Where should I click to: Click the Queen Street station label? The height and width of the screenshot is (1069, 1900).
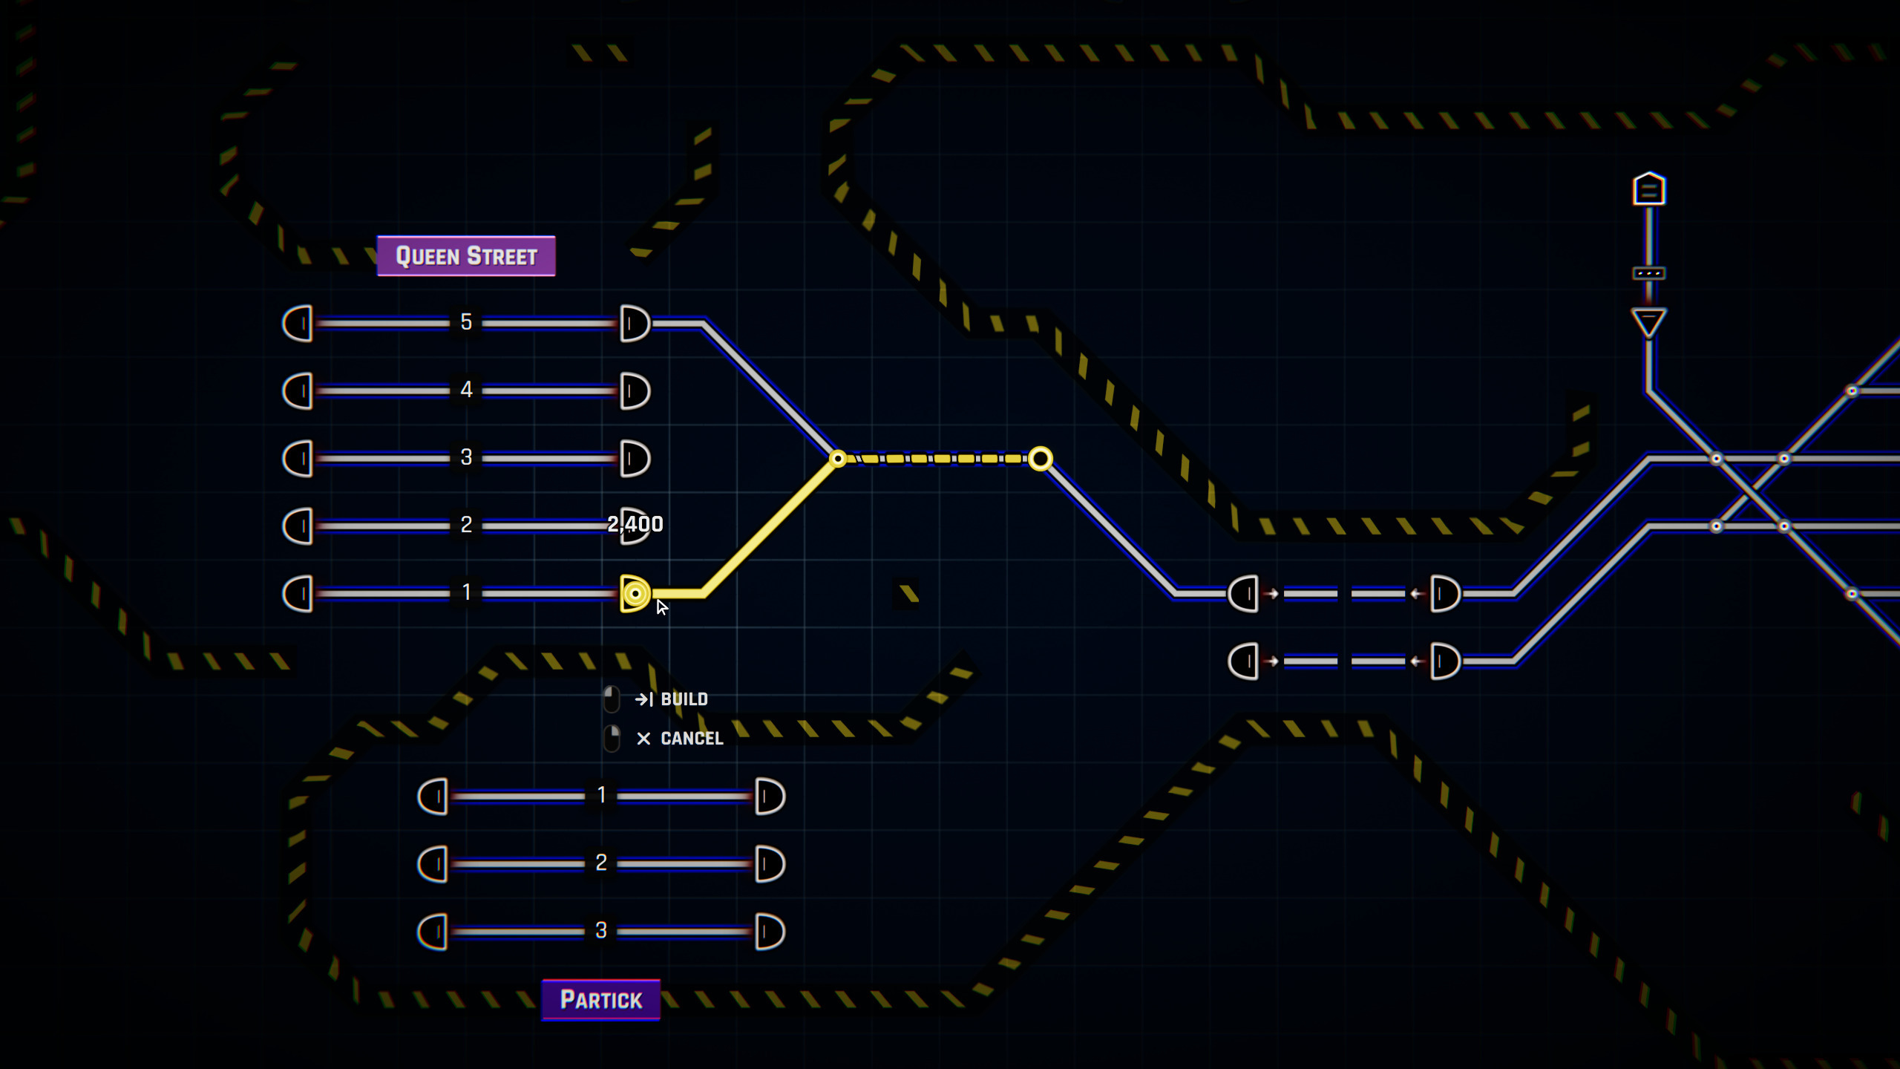coord(466,256)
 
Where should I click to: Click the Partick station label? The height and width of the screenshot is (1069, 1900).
coord(600,1000)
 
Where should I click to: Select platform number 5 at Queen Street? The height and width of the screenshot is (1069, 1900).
coord(466,322)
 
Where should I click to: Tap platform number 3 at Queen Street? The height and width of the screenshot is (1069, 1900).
coord(466,457)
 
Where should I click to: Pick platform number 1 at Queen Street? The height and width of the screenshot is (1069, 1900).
coord(466,592)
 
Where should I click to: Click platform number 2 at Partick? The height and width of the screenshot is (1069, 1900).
coord(601,863)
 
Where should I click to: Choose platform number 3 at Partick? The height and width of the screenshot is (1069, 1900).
coord(601,930)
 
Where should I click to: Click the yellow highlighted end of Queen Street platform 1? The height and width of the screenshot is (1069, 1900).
coord(635,593)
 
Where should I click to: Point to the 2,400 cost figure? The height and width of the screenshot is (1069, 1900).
coord(635,524)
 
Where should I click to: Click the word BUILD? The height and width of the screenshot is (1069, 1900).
coord(684,699)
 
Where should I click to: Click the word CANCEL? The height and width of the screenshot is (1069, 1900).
coord(691,739)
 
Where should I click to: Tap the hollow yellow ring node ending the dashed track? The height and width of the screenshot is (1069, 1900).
coord(1041,459)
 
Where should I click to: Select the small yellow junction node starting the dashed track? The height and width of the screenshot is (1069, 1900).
coord(838,459)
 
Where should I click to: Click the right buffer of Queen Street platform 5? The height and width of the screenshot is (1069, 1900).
coord(635,324)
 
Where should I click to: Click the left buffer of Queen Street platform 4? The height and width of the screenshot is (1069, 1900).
coord(298,390)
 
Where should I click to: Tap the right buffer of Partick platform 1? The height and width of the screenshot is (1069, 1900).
coord(770,797)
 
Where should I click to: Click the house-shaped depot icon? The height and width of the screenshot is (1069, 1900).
coord(1648,189)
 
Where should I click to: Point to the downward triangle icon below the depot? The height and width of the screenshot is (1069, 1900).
coord(1648,323)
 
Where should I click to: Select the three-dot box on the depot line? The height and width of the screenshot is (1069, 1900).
coord(1648,273)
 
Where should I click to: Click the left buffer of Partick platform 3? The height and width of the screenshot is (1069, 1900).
coord(433,932)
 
